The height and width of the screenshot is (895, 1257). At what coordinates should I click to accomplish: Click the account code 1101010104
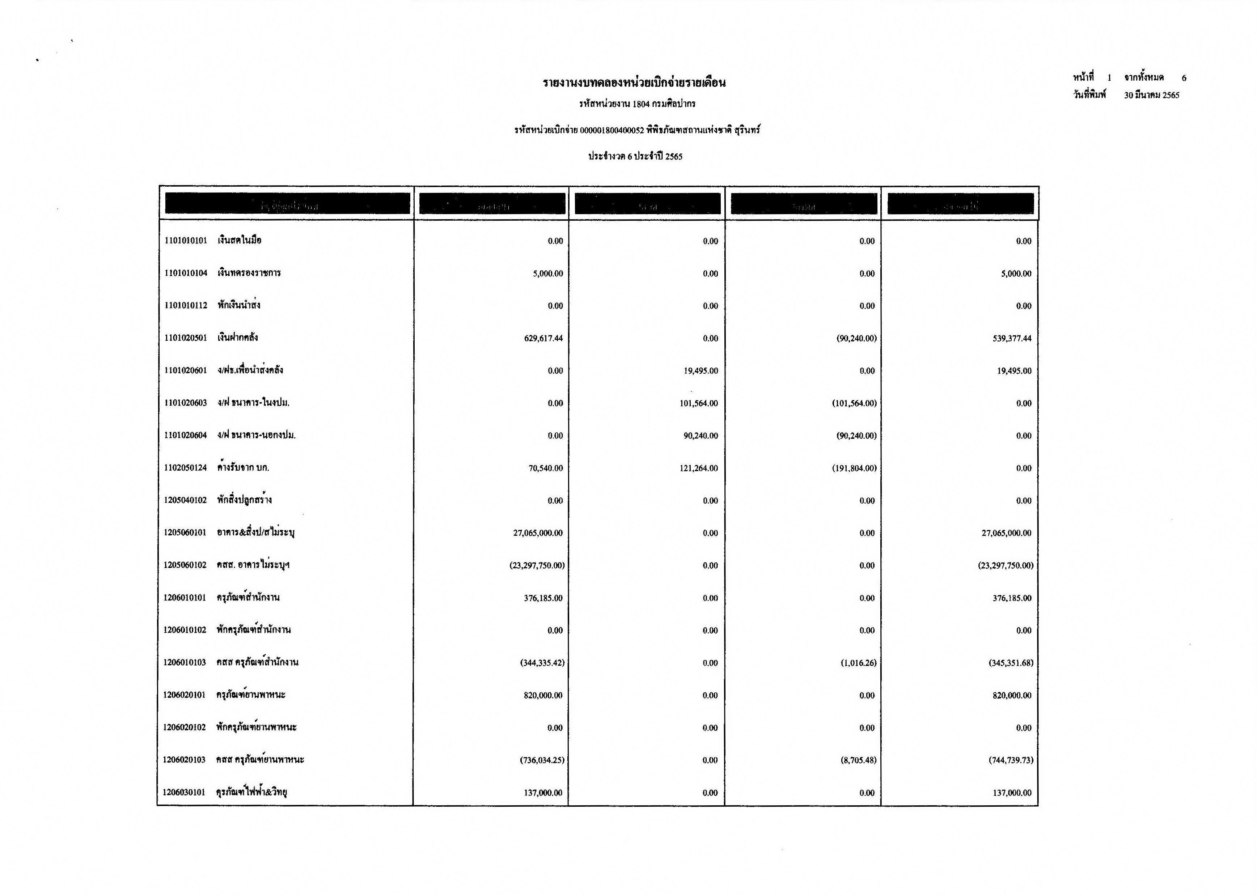[186, 273]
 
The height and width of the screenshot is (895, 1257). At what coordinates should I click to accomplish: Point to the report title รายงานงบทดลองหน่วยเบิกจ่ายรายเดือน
[634, 83]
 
